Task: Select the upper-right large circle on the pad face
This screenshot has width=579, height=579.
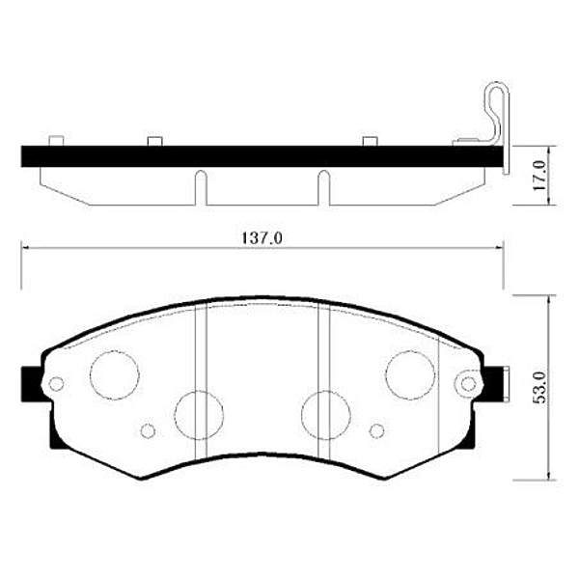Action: coord(410,373)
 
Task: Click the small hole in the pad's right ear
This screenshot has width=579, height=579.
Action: coord(469,383)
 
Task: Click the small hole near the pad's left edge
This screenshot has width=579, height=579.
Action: coord(56,383)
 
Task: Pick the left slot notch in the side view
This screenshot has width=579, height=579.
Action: coord(200,187)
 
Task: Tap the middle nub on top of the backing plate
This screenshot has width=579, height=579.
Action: coord(153,143)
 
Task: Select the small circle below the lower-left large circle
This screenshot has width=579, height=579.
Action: coord(148,430)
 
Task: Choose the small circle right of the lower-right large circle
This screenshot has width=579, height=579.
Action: coord(376,430)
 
